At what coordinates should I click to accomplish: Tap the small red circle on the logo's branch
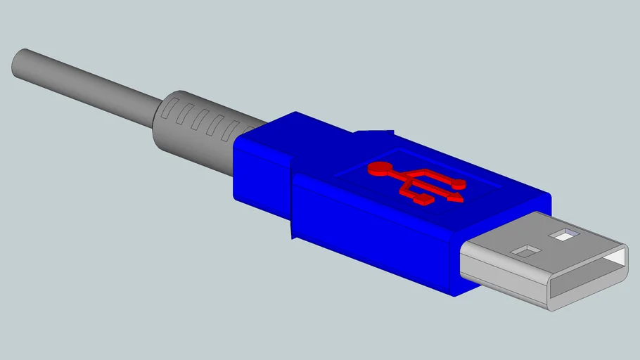[x=460, y=184]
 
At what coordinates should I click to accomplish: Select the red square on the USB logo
[x=425, y=200]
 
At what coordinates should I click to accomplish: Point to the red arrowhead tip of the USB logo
[x=461, y=200]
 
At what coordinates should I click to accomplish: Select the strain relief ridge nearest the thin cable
[x=167, y=110]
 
